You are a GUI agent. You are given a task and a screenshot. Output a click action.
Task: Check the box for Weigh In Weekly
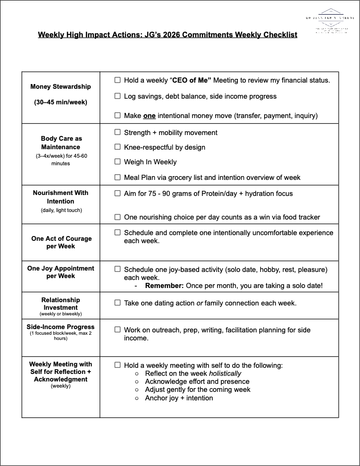(x=117, y=162)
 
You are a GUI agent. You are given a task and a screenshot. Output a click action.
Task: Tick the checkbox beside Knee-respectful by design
(x=117, y=147)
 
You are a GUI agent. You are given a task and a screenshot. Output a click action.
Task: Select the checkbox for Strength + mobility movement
(x=117, y=133)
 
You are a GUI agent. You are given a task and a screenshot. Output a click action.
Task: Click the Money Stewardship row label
(x=60, y=87)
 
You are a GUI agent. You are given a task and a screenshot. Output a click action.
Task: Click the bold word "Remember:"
(x=164, y=286)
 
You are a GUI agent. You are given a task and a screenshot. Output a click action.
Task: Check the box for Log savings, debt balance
(x=117, y=96)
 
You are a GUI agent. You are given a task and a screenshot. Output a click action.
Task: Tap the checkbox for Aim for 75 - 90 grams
(x=117, y=194)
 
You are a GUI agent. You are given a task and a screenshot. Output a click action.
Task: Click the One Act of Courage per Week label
(x=61, y=242)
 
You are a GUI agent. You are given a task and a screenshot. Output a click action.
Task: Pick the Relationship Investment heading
(x=60, y=304)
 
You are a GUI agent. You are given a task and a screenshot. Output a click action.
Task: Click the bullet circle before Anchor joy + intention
(x=137, y=398)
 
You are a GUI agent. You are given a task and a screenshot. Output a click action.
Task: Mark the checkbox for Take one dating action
(x=117, y=303)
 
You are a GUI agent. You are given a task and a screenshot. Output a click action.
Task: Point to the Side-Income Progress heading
(x=61, y=327)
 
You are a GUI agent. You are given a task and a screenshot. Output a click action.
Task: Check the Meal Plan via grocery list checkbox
(x=117, y=178)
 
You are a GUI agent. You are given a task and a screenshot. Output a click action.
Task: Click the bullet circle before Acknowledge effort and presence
(x=137, y=381)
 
